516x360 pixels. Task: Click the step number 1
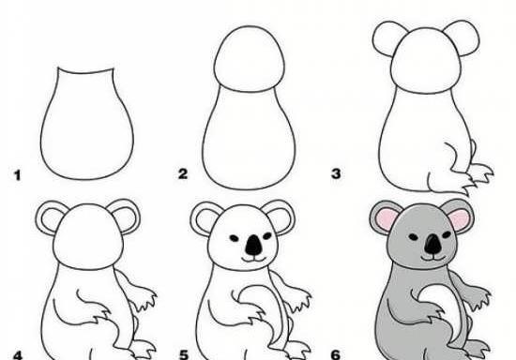pos(17,175)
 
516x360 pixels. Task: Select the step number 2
pos(183,173)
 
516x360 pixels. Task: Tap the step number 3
pos(336,173)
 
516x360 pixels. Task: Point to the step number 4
pos(18,355)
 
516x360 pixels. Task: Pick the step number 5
pos(184,355)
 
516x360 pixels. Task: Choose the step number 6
pos(336,354)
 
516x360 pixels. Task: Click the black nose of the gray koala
pos(433,245)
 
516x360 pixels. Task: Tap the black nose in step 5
pos(253,246)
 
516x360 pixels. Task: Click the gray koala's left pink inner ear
pos(387,217)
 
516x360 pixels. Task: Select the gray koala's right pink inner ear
pos(459,220)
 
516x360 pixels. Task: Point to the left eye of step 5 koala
pos(234,238)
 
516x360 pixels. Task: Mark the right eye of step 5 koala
pos(267,235)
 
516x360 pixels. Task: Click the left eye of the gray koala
pos(414,236)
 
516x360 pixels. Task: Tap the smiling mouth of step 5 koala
pos(253,260)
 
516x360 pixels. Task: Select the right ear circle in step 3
pos(462,37)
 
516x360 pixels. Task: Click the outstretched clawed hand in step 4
pos(143,297)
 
